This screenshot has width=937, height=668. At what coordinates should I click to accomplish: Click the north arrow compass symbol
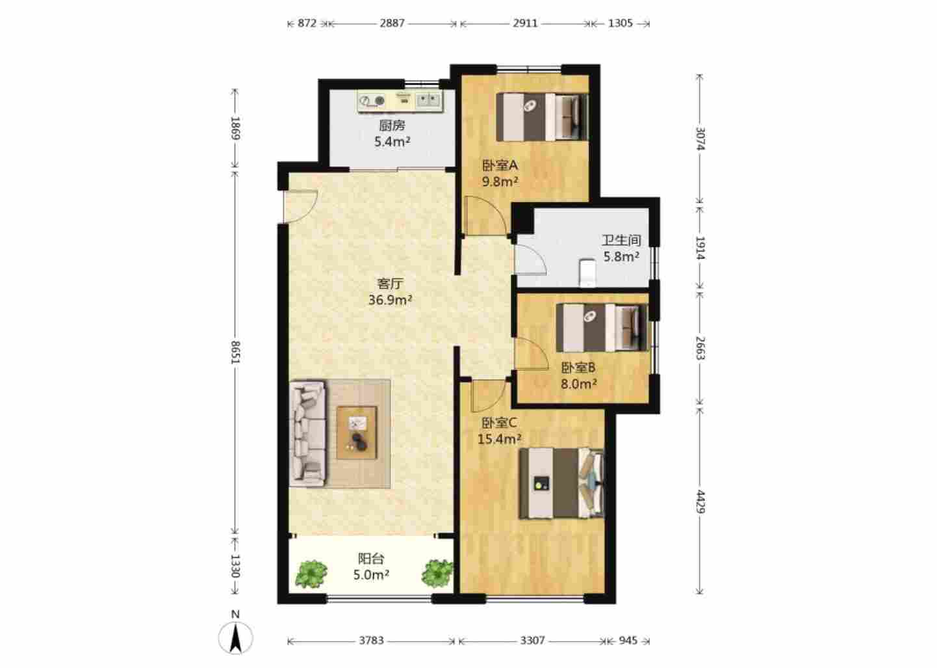235,637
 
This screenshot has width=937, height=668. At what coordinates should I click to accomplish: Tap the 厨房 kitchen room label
392,126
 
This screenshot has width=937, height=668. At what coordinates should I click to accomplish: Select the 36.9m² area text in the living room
391,300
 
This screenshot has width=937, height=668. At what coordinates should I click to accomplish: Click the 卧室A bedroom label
500,165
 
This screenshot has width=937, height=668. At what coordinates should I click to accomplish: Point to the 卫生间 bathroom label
621,241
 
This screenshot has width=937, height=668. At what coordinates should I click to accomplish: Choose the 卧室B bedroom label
578,367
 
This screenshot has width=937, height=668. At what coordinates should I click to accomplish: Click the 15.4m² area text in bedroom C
499,439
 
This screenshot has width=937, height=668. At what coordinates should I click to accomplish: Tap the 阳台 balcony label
371,559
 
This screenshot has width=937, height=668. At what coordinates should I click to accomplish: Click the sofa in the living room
307,433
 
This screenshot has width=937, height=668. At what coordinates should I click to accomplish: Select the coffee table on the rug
357,433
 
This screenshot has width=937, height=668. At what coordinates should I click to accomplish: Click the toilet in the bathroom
587,273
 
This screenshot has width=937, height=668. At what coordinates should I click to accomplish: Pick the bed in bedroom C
562,484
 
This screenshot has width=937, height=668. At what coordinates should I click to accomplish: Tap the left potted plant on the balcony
311,574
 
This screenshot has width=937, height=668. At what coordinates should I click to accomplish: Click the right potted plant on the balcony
437,573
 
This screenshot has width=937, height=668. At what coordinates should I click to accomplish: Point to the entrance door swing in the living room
301,206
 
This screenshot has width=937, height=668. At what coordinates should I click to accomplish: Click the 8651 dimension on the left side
235,353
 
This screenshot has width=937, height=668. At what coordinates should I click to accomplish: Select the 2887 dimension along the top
392,23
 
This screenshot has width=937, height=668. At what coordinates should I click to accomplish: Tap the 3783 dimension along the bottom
371,641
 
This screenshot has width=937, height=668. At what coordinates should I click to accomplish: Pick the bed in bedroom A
542,117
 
